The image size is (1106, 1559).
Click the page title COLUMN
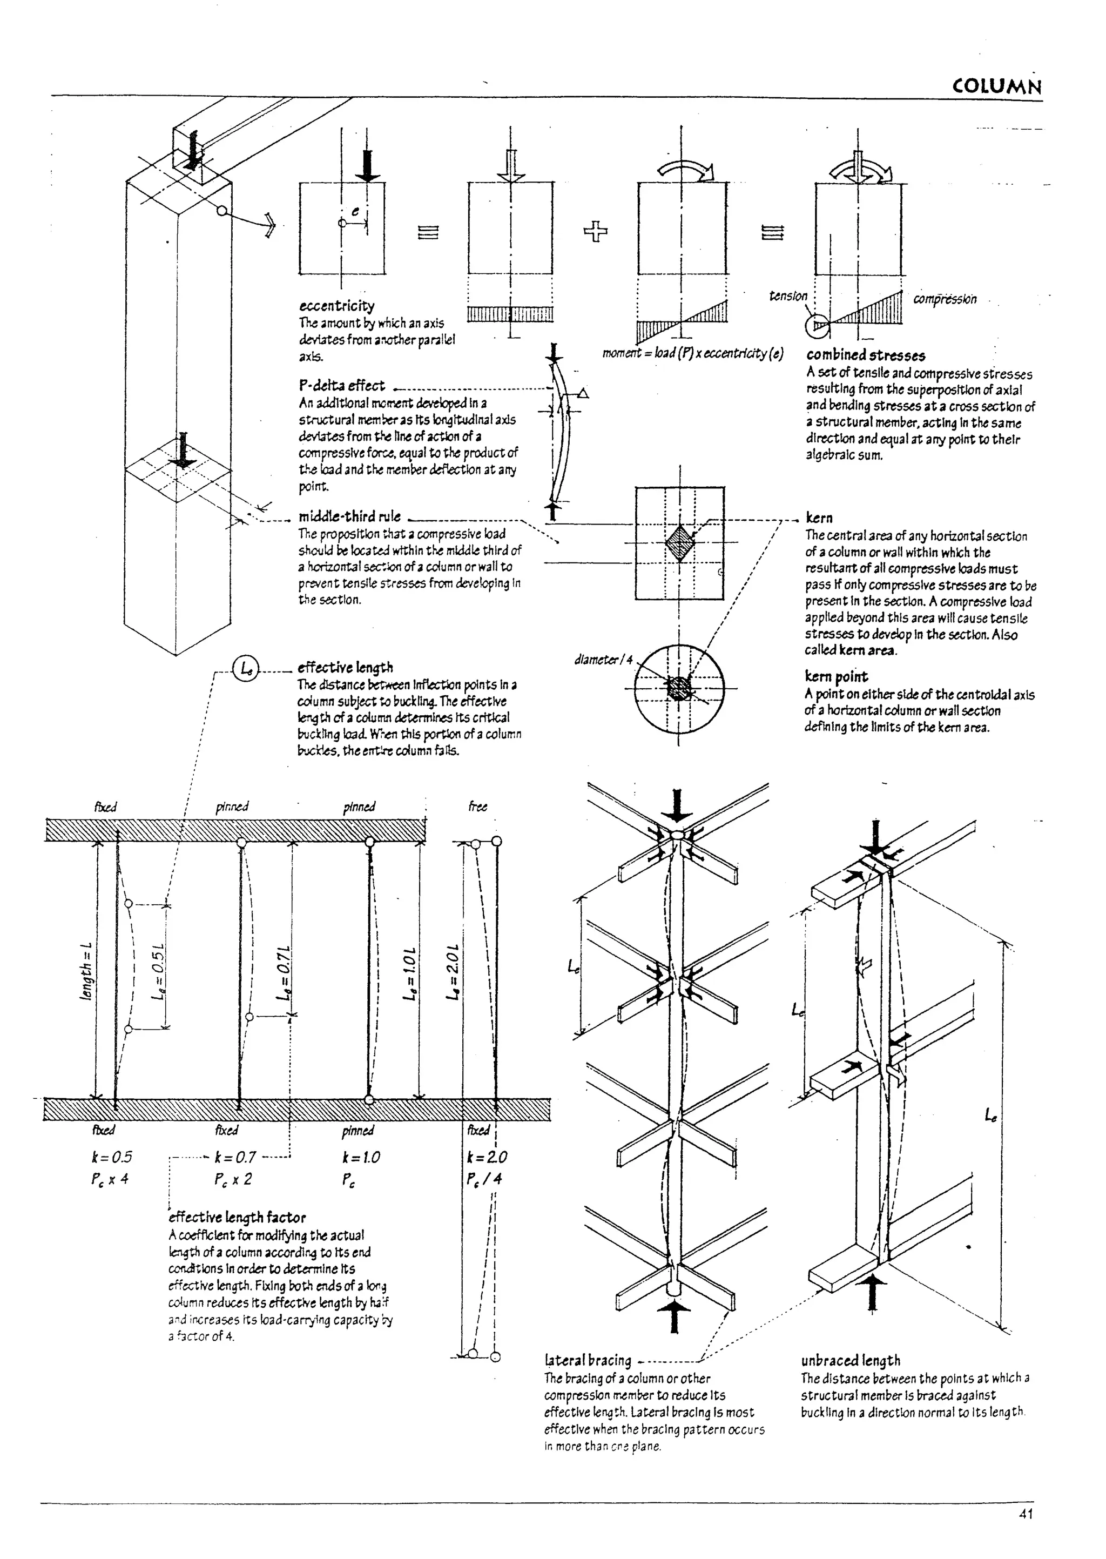point(996,86)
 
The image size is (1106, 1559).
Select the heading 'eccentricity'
point(336,306)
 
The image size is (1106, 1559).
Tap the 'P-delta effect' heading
point(341,386)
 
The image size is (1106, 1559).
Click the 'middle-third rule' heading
point(349,516)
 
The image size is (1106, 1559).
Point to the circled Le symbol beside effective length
point(245,668)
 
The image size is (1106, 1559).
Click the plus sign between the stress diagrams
point(595,232)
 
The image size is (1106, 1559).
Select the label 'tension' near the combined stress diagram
point(788,295)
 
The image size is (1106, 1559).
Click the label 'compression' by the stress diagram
point(945,299)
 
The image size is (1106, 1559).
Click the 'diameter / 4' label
point(603,659)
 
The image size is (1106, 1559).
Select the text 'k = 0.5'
point(112,1157)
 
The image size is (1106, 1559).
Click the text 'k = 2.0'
point(487,1157)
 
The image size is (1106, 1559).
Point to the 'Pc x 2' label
point(233,1179)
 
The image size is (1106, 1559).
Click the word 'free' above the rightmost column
point(477,807)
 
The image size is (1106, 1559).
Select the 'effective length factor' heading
point(237,1217)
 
